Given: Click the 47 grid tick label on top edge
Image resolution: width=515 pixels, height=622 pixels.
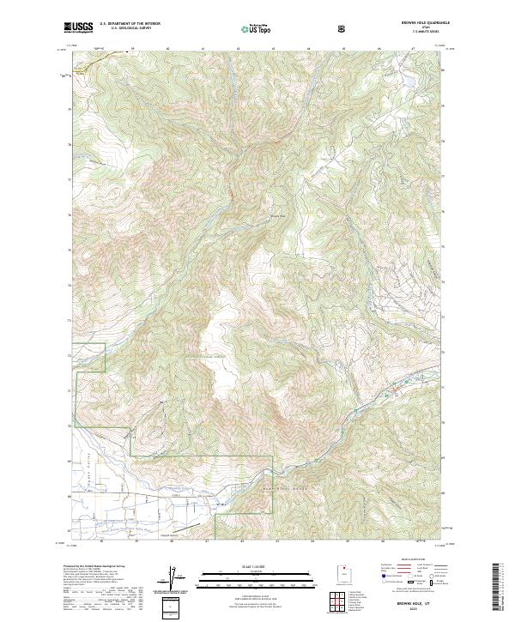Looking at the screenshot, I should (x=413, y=49).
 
